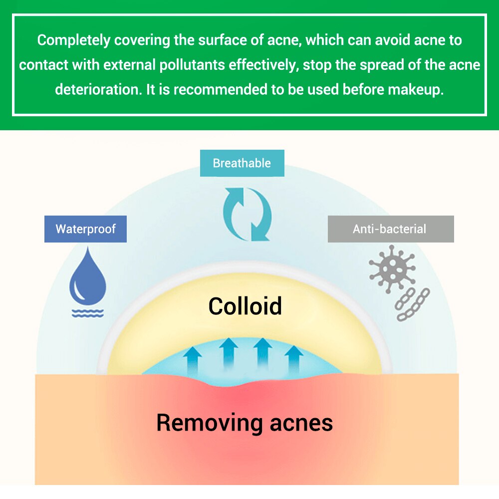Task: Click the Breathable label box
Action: (x=242, y=163)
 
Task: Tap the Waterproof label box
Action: (x=85, y=229)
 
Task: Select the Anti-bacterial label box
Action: (x=390, y=229)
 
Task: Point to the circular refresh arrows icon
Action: (x=247, y=214)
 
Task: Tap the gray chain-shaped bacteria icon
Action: (x=412, y=304)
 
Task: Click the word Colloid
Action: (x=245, y=306)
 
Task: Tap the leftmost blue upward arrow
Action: (x=193, y=358)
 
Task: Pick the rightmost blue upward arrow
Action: (x=293, y=357)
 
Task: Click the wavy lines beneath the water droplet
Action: (x=88, y=313)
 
